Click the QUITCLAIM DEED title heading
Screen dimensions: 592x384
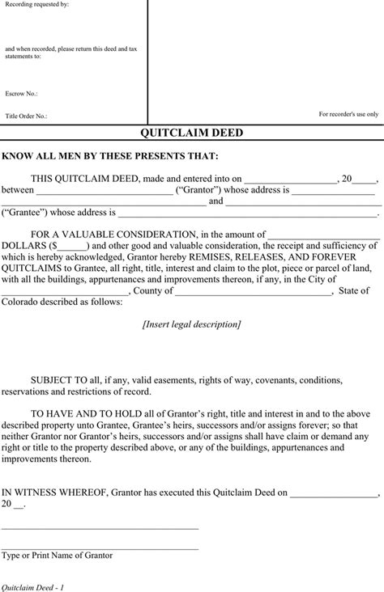[x=192, y=133]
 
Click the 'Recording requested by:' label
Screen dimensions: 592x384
[x=36, y=5]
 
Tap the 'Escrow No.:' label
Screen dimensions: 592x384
[x=21, y=94]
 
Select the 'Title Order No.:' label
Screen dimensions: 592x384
[x=26, y=116]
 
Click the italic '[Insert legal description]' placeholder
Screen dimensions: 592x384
[x=191, y=324]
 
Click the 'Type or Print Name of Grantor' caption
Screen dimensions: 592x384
[x=57, y=556]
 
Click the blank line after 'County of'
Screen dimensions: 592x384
[x=253, y=291]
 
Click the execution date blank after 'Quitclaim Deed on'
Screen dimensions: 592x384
[x=334, y=491]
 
